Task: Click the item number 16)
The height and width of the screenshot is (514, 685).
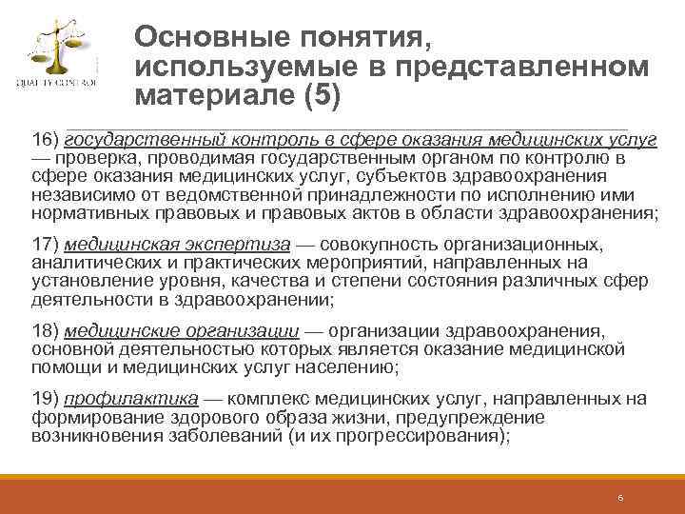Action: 45,139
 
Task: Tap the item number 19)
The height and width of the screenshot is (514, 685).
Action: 45,400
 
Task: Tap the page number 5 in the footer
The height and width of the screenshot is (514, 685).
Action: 619,498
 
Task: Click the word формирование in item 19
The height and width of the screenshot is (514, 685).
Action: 90,418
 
